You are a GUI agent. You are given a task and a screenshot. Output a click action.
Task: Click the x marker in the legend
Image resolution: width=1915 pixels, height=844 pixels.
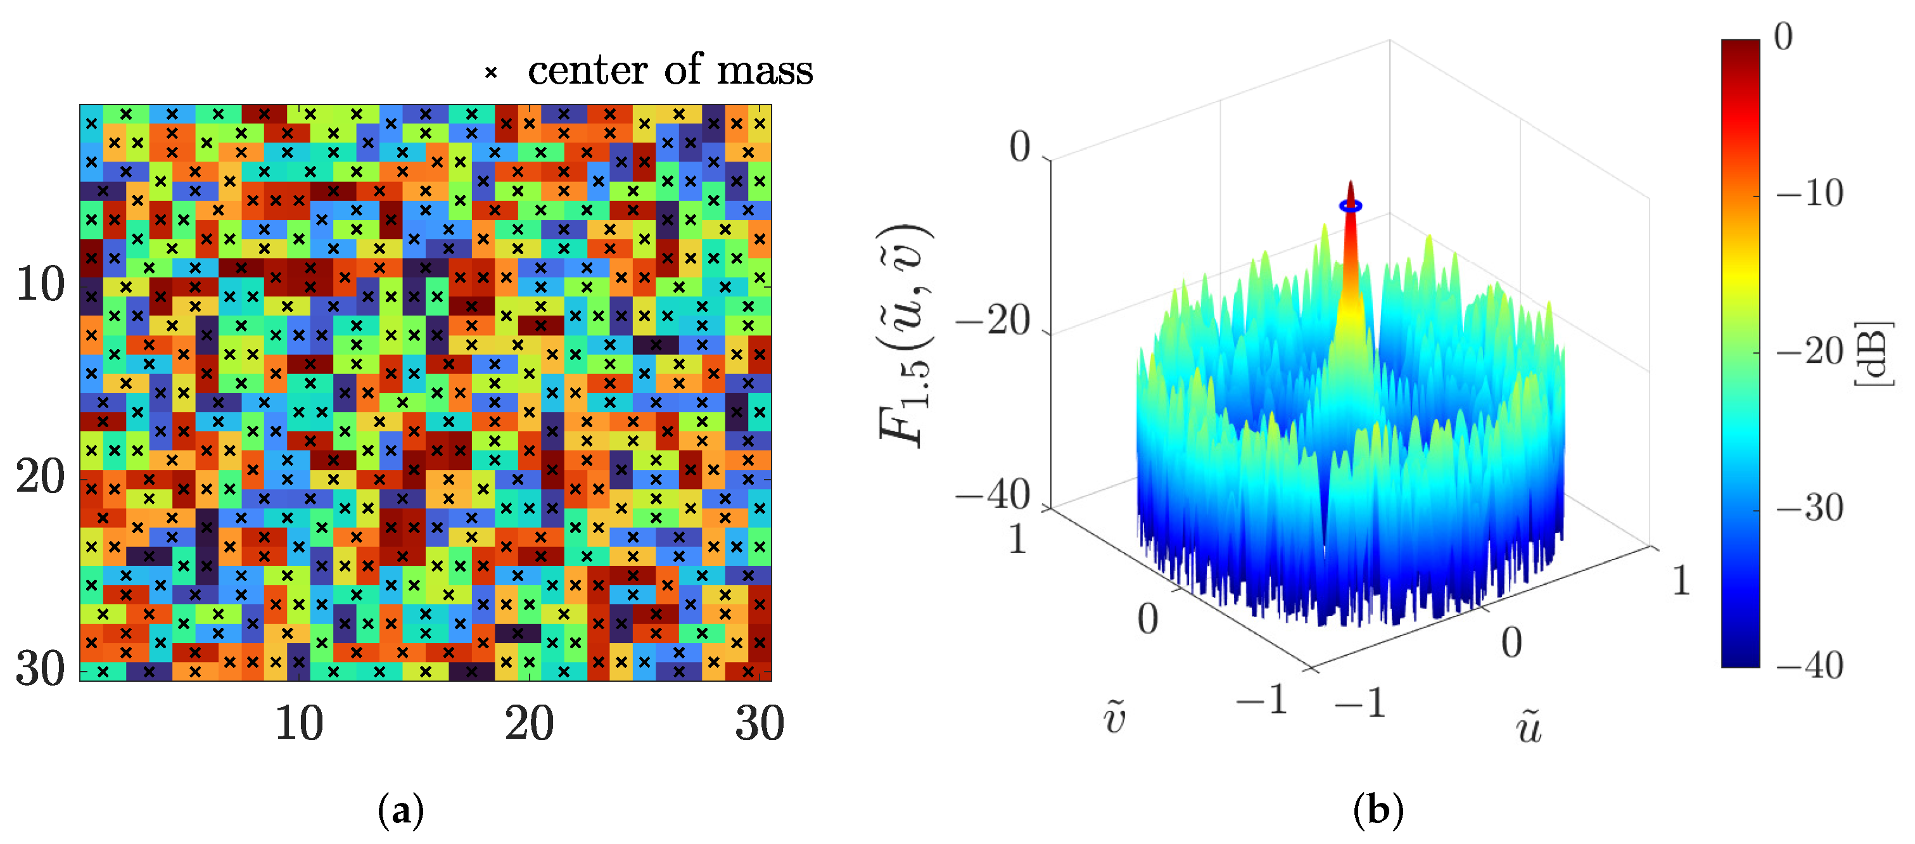(491, 73)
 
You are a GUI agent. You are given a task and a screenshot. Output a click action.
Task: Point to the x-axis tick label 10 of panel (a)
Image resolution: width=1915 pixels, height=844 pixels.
(299, 723)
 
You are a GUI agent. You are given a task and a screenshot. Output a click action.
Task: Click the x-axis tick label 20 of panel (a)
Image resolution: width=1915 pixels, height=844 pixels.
(530, 723)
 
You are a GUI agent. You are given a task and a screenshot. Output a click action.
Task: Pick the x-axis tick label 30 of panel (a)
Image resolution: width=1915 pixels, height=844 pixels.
(760, 723)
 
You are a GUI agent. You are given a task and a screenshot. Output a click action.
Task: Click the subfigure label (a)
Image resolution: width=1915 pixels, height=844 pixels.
(401, 809)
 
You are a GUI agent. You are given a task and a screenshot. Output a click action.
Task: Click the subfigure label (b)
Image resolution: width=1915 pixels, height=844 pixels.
(1378, 809)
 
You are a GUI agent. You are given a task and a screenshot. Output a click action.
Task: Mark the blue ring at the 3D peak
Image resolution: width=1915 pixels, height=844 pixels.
(1351, 206)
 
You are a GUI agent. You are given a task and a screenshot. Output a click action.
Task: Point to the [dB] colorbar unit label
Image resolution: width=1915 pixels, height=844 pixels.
(1873, 353)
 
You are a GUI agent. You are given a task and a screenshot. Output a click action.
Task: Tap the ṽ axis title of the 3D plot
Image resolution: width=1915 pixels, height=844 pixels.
(1114, 717)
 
